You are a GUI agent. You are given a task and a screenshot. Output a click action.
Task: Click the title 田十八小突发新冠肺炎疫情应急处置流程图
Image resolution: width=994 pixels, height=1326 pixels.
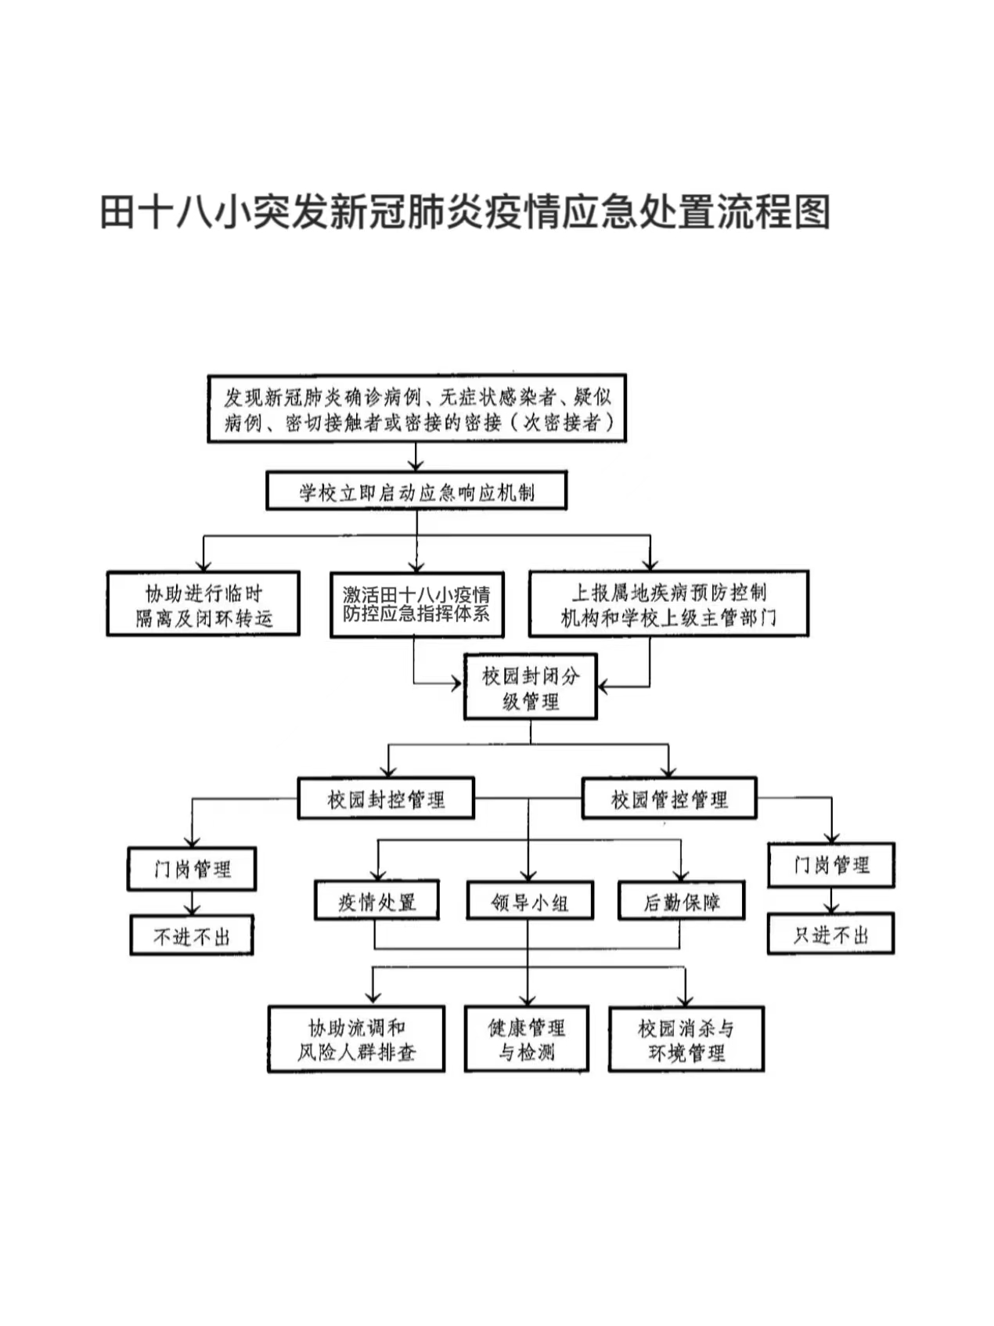[x=465, y=212]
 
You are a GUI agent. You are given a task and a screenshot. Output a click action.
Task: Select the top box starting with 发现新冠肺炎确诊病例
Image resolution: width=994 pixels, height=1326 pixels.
[x=416, y=409]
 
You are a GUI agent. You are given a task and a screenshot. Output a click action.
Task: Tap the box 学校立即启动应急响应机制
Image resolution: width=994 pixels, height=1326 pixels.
[x=416, y=491]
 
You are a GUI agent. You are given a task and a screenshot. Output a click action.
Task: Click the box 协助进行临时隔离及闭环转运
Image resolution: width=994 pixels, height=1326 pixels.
[x=203, y=604]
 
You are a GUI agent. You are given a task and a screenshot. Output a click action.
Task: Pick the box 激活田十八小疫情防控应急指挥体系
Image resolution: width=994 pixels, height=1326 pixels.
[x=416, y=604]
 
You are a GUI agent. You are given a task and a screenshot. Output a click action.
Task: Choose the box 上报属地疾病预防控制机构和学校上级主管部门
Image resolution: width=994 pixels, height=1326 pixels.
[x=668, y=604]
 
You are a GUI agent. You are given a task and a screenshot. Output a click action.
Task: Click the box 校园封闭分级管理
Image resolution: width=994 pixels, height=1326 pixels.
[x=531, y=686]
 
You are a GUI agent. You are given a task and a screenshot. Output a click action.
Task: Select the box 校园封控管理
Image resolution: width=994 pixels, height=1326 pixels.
[x=386, y=798]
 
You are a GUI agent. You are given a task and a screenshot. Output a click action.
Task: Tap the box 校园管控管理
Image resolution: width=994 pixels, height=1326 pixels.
[x=669, y=798]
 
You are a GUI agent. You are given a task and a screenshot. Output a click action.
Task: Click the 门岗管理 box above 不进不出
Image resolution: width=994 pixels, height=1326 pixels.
[x=192, y=869]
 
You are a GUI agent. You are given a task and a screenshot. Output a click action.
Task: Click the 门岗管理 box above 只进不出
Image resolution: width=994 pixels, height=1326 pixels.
[x=831, y=865]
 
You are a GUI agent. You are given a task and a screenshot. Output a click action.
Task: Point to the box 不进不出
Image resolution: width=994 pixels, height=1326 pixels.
[x=192, y=935]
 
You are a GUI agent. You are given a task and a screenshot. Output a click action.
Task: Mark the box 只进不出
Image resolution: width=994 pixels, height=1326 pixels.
[x=831, y=933]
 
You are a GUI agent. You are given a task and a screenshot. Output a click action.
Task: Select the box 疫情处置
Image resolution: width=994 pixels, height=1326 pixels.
[x=376, y=900]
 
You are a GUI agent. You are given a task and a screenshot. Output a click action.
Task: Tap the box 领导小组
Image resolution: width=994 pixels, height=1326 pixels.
[x=530, y=901]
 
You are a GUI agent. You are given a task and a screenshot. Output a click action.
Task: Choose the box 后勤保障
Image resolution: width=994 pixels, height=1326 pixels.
[x=681, y=901]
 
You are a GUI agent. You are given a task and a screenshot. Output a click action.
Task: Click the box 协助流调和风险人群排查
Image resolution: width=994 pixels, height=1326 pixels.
[x=356, y=1039]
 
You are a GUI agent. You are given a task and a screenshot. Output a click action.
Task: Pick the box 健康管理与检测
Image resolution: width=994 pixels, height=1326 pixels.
[x=526, y=1039]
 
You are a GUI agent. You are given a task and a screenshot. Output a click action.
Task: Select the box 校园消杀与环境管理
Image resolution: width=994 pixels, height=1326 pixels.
[x=686, y=1040]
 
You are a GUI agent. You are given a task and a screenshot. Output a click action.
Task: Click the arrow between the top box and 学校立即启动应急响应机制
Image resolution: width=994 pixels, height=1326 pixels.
[x=416, y=457]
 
